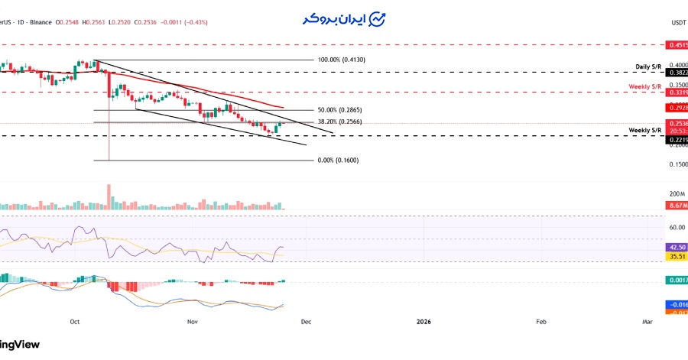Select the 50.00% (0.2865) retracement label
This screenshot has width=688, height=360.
[339, 111]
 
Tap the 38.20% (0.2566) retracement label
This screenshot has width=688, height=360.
[339, 122]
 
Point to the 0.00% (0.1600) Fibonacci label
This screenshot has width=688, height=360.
[338, 161]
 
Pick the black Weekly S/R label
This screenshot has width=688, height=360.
[645, 131]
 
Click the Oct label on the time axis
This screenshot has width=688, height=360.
[74, 323]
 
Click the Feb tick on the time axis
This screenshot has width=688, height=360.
[540, 323]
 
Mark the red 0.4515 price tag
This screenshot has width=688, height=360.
[677, 46]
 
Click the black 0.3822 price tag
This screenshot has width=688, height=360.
[677, 73]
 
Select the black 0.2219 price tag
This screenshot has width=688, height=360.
[677, 141]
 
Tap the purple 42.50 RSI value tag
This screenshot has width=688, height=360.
[677, 248]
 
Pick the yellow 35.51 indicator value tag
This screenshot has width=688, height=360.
[677, 257]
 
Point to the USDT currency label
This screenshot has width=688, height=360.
[678, 23]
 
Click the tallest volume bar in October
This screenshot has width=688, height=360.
[109, 197]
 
